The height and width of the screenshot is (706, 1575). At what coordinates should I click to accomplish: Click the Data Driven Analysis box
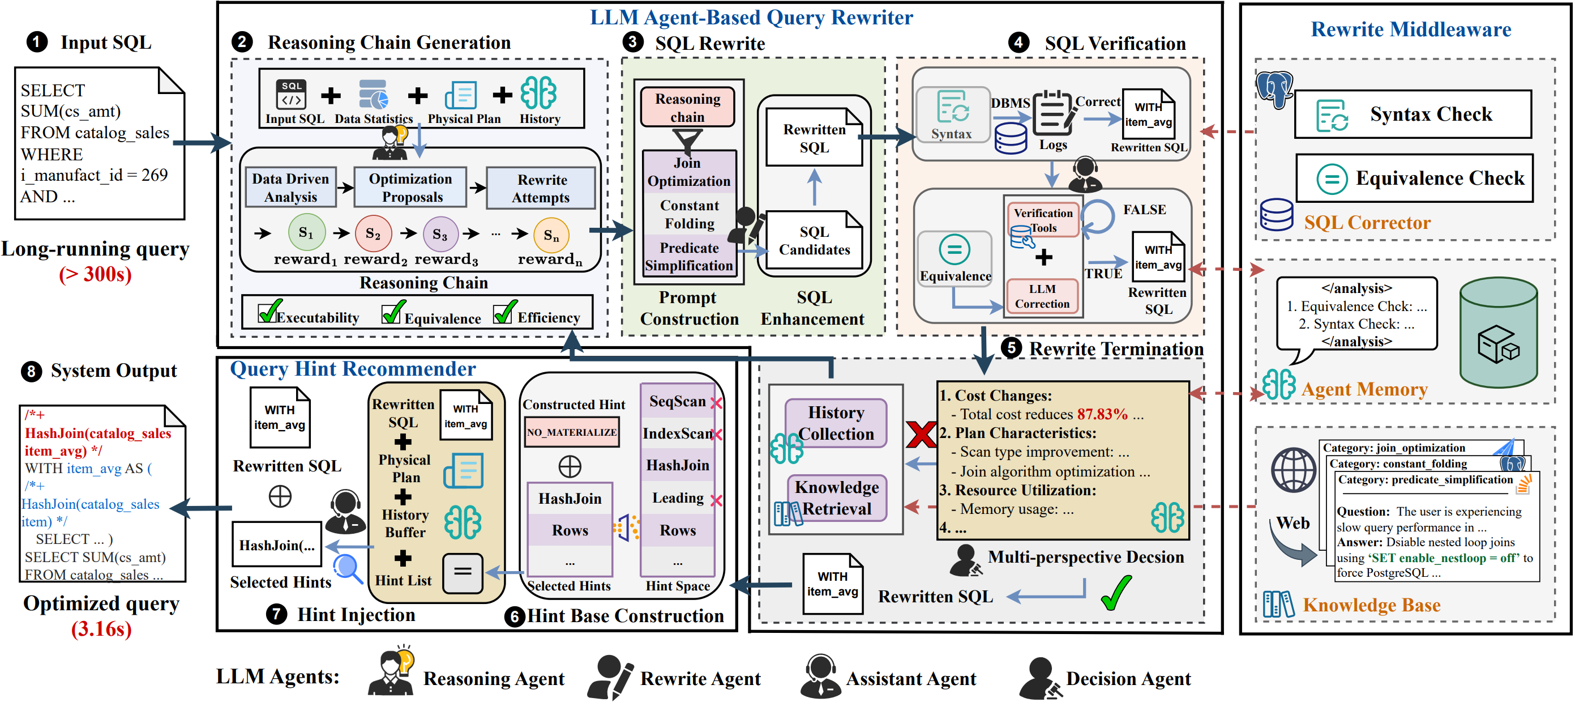pyautogui.click(x=291, y=187)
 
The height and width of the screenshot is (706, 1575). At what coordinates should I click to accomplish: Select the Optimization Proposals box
pyautogui.click(x=410, y=187)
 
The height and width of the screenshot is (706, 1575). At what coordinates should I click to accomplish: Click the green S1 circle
pyautogui.click(x=306, y=232)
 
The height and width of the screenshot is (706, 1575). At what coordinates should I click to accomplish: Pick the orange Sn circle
pyautogui.click(x=551, y=235)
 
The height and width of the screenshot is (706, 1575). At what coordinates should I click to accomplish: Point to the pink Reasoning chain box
pyautogui.click(x=687, y=107)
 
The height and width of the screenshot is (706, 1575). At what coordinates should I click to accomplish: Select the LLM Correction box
pyautogui.click(x=1042, y=296)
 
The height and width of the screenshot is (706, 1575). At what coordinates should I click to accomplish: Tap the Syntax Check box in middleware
pyautogui.click(x=1413, y=114)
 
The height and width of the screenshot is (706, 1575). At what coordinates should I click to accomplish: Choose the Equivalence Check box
pyautogui.click(x=1414, y=178)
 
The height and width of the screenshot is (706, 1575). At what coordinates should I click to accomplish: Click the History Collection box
pyautogui.click(x=835, y=423)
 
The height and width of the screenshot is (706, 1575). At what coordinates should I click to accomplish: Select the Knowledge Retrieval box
pyautogui.click(x=836, y=498)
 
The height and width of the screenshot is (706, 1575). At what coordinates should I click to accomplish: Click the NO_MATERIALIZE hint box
pyautogui.click(x=572, y=432)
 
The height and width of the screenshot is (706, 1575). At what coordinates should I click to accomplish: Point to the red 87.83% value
pyautogui.click(x=1102, y=414)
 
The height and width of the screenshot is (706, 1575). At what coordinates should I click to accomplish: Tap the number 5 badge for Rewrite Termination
pyautogui.click(x=1011, y=347)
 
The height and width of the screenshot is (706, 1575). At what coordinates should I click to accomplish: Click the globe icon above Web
pyautogui.click(x=1292, y=470)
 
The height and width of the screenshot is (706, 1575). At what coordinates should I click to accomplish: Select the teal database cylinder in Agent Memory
pyautogui.click(x=1498, y=333)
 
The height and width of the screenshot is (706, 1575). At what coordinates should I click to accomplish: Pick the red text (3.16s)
pyautogui.click(x=101, y=629)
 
